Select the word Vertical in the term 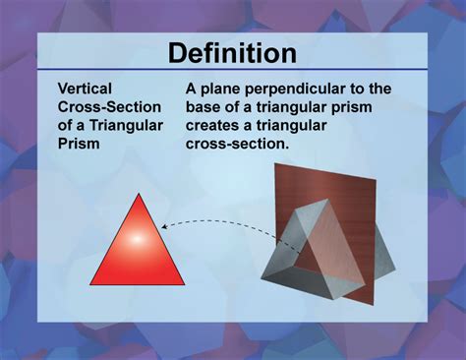pos(85,89)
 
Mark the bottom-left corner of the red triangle pos(90,281)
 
